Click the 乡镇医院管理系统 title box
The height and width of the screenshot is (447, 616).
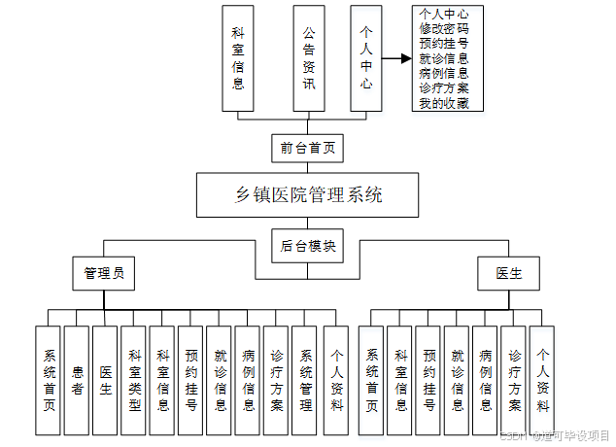[x=309, y=195]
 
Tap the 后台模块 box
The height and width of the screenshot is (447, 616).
[x=308, y=247]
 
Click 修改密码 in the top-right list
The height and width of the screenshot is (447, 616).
[x=444, y=29]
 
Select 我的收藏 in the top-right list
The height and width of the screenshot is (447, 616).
[x=444, y=103]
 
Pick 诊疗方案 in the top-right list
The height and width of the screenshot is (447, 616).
[x=444, y=87]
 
